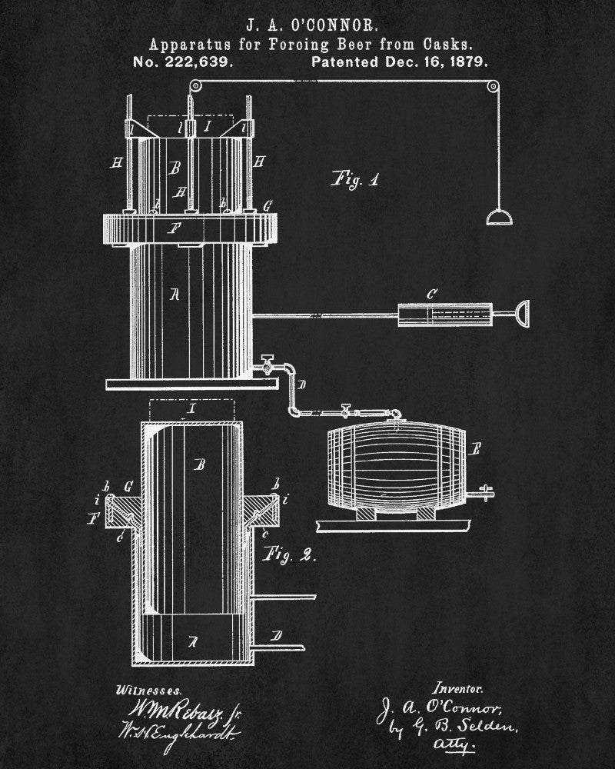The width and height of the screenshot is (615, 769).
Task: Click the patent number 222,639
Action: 197,62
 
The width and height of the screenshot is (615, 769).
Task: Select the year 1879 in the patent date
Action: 468,62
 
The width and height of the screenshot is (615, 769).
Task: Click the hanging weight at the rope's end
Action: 500,218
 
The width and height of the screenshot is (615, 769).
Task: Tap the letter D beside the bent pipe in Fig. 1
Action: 301,383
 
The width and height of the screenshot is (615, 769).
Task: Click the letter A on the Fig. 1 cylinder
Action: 175,293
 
